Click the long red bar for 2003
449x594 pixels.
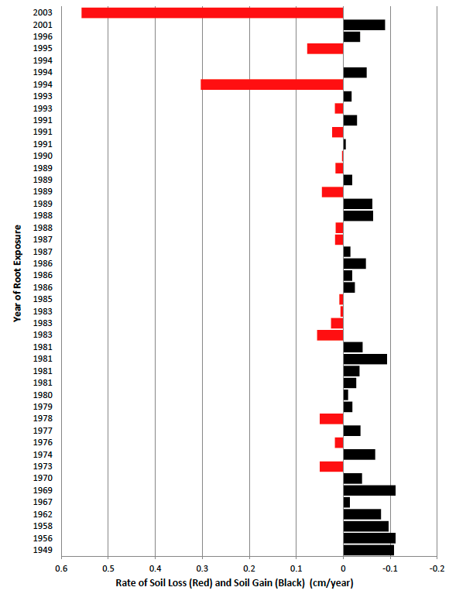(x=212, y=12)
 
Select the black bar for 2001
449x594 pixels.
(x=364, y=25)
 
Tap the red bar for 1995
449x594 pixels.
(x=325, y=49)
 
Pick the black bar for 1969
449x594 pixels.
(x=369, y=490)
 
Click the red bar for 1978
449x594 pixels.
(x=331, y=419)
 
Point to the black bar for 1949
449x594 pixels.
(x=368, y=550)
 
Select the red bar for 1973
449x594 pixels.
(x=331, y=466)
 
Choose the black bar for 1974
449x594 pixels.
(x=359, y=455)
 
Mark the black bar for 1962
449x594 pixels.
(x=362, y=514)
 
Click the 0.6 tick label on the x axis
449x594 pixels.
(x=61, y=567)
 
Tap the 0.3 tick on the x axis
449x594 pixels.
(x=203, y=567)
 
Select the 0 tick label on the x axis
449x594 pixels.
(x=344, y=567)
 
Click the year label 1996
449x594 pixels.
(x=43, y=36)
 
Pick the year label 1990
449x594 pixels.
(x=43, y=156)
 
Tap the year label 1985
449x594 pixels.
(x=43, y=299)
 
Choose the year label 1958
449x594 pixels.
(x=43, y=526)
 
